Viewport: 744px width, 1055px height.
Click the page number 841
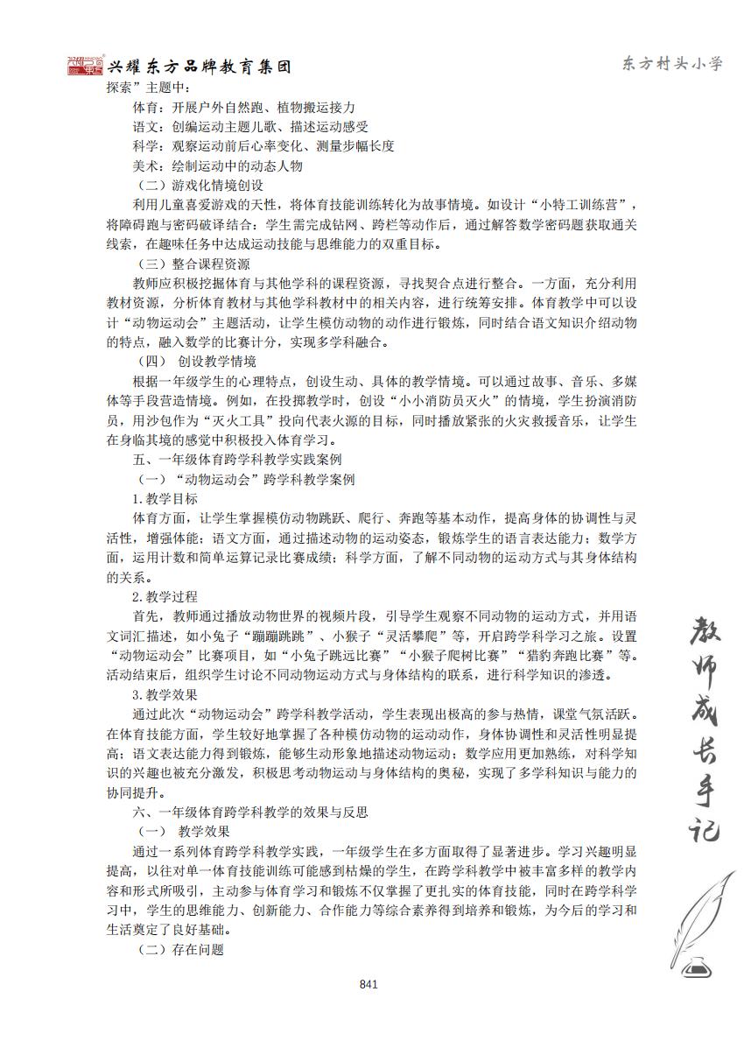368,985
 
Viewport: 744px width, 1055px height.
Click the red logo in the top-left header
86,67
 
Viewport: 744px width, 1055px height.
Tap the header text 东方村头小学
671,64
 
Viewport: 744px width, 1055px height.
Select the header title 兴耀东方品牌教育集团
199,67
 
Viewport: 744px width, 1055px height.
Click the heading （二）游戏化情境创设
200,186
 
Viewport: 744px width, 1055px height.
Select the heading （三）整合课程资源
194,264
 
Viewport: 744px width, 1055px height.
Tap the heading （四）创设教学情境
198,362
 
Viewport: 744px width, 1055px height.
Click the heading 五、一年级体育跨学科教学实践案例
236,459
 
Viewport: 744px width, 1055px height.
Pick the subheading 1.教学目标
165,498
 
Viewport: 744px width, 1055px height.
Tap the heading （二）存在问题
181,949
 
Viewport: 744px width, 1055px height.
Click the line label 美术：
146,165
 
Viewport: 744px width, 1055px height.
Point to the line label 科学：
146,146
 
